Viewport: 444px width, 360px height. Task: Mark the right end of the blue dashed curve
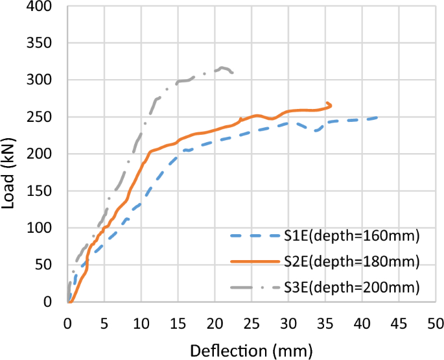click(x=377, y=117)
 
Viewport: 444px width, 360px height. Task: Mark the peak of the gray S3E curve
click(x=222, y=67)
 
